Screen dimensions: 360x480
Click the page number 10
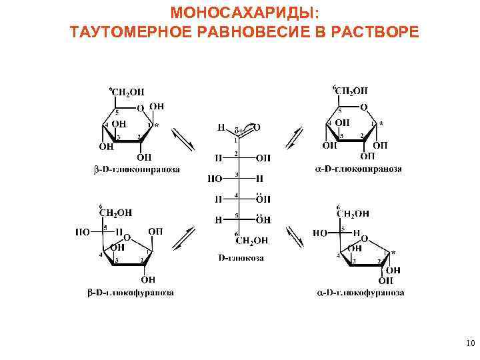point(469,344)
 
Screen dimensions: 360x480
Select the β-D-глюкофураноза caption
point(131,292)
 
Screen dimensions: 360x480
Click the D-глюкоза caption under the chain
point(241,257)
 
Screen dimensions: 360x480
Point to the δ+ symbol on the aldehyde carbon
point(237,126)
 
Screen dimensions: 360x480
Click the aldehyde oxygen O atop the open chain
point(257,126)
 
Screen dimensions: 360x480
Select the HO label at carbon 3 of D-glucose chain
point(215,179)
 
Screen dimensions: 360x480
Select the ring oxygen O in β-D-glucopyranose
point(139,107)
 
